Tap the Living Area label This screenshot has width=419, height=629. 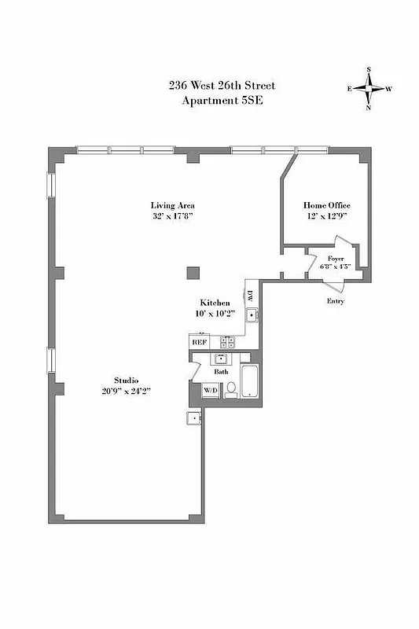point(172,205)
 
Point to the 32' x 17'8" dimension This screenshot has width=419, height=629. point(172,216)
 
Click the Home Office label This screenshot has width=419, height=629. point(327,205)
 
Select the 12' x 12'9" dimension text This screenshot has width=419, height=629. point(327,216)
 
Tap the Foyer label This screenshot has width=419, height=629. point(336,257)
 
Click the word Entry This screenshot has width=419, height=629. point(335,300)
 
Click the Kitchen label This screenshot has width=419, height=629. point(214,303)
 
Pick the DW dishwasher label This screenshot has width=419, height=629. point(250,296)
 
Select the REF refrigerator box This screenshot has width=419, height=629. point(198,342)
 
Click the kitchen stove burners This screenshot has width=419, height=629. point(227,341)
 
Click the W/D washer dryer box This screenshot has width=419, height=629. point(211,390)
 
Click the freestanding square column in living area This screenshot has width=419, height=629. point(193,273)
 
